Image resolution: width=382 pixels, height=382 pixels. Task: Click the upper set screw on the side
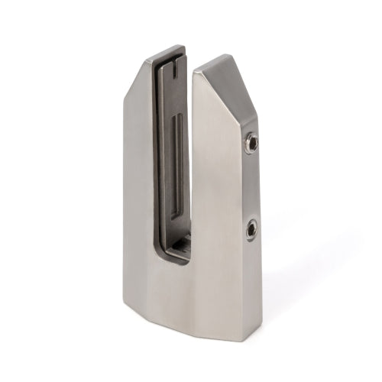pos(251,142)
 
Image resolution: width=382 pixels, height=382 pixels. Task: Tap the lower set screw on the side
pos(251,228)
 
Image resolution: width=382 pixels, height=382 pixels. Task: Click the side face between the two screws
pos(251,185)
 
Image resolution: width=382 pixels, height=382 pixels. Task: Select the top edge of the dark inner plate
pos(167,51)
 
